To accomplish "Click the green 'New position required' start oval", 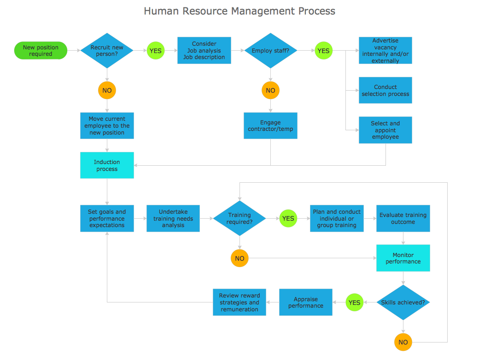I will click(41, 51).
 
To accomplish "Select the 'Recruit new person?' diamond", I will click(107, 51).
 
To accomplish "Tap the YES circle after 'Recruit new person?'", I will click(156, 51).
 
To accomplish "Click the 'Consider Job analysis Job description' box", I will click(204, 51).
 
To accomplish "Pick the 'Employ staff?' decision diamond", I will click(270, 51).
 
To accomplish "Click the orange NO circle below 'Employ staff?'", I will click(270, 90).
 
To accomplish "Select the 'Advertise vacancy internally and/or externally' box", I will click(385, 51).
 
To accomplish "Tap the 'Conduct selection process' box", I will click(385, 90).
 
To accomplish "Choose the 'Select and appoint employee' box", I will click(385, 130).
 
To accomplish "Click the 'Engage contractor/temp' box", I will click(270, 126).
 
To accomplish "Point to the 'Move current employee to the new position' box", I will click(107, 126).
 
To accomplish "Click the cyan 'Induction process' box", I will click(107, 165).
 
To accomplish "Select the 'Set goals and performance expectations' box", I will click(107, 218).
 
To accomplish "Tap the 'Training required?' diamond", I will click(239, 218).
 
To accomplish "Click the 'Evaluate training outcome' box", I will click(403, 218).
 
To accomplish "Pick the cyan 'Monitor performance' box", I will click(403, 258).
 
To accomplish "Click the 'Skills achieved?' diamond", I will click(403, 302).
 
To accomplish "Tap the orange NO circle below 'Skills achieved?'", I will click(403, 342).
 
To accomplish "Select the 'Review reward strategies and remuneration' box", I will click(239, 302).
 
